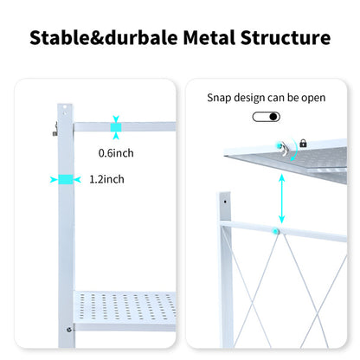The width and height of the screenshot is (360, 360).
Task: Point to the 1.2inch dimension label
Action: coord(106,180)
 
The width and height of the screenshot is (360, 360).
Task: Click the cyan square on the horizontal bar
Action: coord(115,127)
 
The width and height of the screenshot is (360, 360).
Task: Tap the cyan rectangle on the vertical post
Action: coord(63,179)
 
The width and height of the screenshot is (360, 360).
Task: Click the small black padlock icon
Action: coord(304,143)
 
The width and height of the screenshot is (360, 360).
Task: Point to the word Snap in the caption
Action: coord(221,98)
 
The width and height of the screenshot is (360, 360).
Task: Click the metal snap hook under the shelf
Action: coord(284,149)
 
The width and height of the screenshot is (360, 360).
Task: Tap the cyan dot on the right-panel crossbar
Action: coord(275,231)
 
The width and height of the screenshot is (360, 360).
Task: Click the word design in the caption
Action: coord(254,98)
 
